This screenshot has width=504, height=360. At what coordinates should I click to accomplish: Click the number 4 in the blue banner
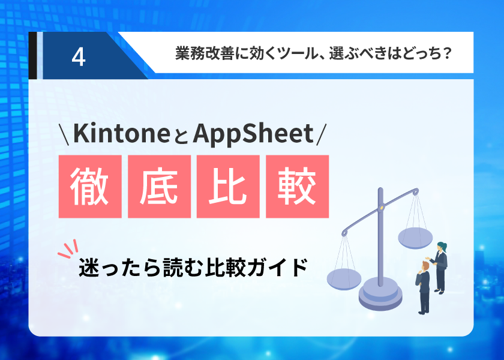point(79,57)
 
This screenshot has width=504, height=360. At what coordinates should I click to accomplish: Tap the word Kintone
point(121,133)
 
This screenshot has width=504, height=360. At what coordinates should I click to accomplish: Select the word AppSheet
point(253,134)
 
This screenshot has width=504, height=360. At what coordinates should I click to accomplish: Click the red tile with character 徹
point(90,187)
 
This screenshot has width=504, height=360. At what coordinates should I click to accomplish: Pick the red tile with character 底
point(159,187)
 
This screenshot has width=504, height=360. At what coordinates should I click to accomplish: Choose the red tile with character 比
point(228,187)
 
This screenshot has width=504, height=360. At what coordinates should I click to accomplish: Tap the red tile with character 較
point(298,187)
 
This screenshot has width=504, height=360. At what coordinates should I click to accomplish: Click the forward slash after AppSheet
point(321,134)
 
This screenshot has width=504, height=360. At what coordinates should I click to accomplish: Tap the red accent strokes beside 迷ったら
point(68,248)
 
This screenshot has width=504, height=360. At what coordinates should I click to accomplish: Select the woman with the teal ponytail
point(439,268)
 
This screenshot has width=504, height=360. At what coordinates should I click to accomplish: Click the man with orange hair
point(424,287)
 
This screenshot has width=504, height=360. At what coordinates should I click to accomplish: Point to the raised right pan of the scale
point(415,238)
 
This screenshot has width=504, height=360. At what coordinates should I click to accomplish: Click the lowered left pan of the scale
point(344,279)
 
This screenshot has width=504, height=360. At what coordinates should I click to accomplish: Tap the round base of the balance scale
point(380,294)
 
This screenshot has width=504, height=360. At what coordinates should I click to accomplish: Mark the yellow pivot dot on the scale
point(382,208)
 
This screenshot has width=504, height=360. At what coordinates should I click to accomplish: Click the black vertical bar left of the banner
point(32,55)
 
